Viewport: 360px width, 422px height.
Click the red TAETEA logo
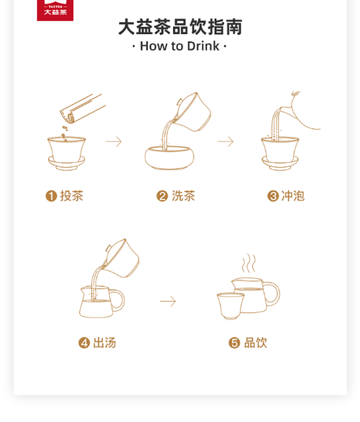55,10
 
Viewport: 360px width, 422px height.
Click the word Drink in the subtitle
203,46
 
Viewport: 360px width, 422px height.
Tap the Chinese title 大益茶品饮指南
180,27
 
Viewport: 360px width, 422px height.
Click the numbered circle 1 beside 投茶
51,196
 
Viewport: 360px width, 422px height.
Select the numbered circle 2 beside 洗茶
162,196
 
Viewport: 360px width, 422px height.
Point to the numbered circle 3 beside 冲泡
273,196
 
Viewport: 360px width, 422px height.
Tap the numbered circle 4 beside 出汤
84,343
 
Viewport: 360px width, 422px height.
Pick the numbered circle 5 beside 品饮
234,343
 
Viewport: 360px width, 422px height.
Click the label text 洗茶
183,196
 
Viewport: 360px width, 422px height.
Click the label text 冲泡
293,196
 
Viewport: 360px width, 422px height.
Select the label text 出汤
104,343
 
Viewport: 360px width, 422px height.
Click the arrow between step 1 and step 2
114,142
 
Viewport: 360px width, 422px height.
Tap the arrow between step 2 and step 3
225,142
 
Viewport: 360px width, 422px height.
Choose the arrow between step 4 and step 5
168,301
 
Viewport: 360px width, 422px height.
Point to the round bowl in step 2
169,158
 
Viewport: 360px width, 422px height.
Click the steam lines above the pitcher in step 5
249,263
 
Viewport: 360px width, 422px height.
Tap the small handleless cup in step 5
230,306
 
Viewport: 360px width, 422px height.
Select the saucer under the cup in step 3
280,163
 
